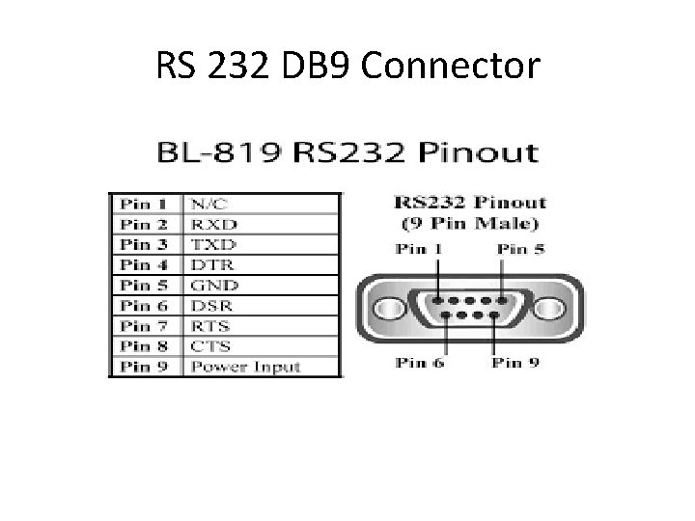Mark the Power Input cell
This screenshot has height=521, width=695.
click(245, 366)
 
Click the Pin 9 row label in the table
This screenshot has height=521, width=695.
click(144, 366)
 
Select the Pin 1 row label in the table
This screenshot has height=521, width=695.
click(144, 205)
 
